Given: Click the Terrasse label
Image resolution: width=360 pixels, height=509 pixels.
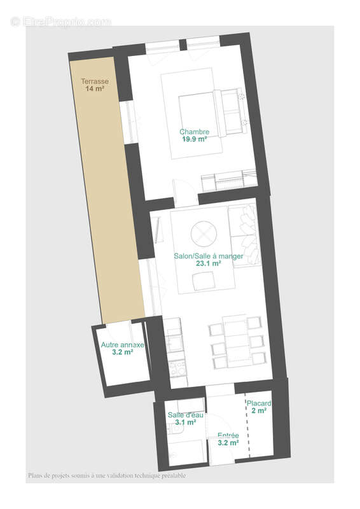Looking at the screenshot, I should point(94,81).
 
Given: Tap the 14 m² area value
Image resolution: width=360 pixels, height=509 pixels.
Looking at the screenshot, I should point(94,89).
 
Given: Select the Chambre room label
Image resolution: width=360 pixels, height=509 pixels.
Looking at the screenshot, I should point(195,132).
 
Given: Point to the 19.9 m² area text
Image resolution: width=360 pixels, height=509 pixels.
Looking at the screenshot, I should point(195,139).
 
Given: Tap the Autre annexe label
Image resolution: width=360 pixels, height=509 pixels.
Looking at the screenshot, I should point(123,345).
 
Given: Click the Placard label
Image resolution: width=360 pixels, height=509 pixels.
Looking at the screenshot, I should point(260,403).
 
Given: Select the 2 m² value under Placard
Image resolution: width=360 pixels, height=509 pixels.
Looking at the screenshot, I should point(260,411).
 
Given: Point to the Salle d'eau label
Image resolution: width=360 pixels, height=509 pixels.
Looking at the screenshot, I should point(186,415).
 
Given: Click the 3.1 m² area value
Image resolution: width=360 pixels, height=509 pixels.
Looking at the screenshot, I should point(186,422).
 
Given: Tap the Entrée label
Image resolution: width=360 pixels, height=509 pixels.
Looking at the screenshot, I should point(228,435).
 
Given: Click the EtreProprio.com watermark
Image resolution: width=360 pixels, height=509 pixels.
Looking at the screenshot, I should point(61,22).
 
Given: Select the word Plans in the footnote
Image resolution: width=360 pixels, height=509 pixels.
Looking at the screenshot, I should point(36,475).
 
